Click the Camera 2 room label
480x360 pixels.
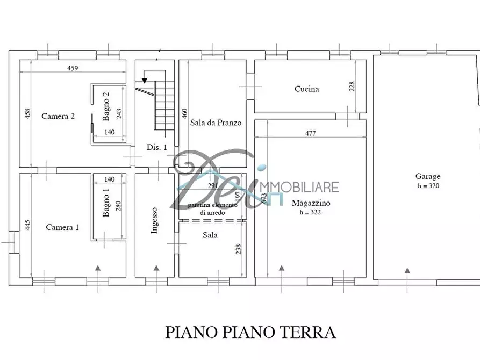(x=58, y=116)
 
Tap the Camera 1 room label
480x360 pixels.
(x=62, y=227)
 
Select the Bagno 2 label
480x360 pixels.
(x=106, y=104)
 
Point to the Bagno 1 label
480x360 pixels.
(x=106, y=202)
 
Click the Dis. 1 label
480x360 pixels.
(x=157, y=147)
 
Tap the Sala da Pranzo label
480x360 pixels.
(x=216, y=123)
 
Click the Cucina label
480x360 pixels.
(x=306, y=89)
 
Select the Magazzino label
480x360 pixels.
(x=311, y=204)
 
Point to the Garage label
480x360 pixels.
(x=427, y=176)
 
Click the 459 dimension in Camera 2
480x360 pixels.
(x=73, y=68)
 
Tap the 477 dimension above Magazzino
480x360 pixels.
(x=310, y=134)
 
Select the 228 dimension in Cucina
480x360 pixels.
(x=352, y=87)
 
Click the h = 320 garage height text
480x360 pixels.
(x=428, y=185)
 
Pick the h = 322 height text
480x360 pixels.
(x=311, y=212)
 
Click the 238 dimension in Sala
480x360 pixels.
(x=239, y=249)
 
